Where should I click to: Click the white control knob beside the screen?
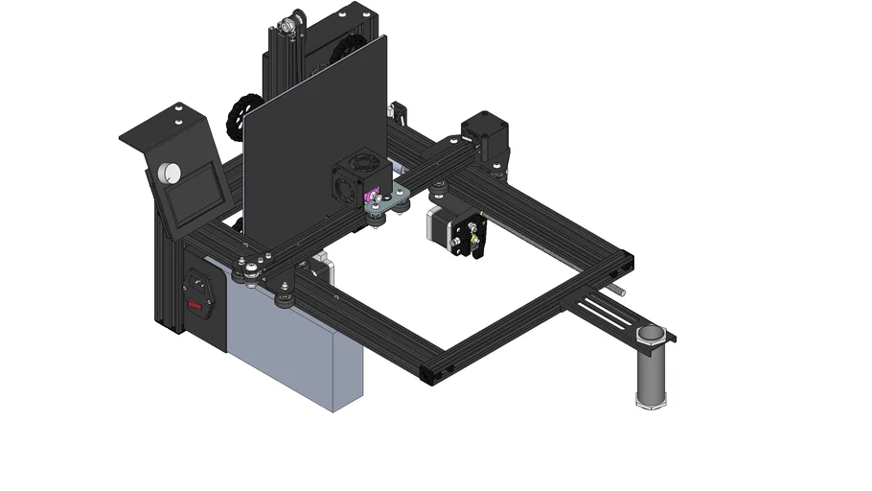172,173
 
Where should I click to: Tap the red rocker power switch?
196,306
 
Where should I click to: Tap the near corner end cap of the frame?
432,372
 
